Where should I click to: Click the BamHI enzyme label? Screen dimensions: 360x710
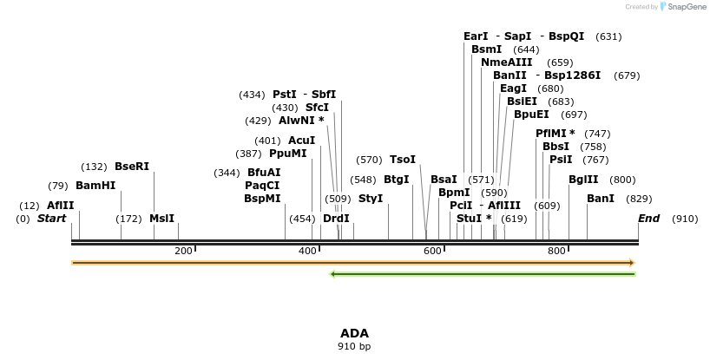95,186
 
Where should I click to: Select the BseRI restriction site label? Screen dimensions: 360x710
132,167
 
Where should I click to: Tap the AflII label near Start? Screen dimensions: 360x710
61,206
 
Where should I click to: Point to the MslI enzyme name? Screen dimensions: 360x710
162,219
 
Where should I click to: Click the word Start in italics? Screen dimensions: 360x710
51,219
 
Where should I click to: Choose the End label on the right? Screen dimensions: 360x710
648,219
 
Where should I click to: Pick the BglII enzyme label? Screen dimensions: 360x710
583,180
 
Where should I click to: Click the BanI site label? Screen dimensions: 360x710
601,199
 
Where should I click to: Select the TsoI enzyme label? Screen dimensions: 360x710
403,160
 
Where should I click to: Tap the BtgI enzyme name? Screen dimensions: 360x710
397,180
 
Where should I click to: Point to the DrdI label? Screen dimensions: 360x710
336,219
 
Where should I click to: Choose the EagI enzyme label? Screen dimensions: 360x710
513,88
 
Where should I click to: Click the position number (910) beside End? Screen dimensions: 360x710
685,219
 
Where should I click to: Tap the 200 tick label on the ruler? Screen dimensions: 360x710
183,251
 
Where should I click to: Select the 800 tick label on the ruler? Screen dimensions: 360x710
556,251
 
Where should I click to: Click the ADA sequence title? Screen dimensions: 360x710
354,333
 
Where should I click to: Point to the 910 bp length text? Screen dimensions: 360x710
354,346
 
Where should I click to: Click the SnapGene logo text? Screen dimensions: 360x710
686,7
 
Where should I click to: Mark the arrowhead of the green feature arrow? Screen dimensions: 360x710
333,274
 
